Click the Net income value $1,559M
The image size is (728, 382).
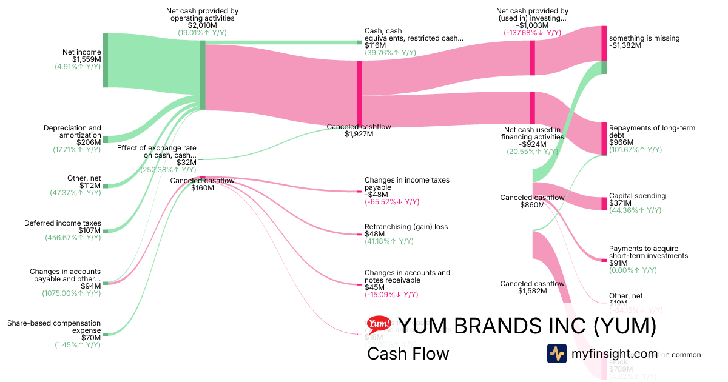point(87,59)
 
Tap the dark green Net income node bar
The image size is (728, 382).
point(105,60)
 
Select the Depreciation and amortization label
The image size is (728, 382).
point(72,132)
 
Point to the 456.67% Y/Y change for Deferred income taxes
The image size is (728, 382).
point(73,238)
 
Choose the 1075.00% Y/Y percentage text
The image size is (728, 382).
point(71,293)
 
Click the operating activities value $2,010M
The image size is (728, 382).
point(202,25)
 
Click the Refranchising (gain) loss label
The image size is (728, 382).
point(406,227)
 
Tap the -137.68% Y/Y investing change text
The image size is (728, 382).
point(532,33)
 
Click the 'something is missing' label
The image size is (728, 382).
point(644,38)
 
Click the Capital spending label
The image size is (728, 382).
point(637,196)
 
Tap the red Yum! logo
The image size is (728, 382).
point(379,325)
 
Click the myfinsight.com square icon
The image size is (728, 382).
point(556,354)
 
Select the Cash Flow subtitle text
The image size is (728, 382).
point(408,354)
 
